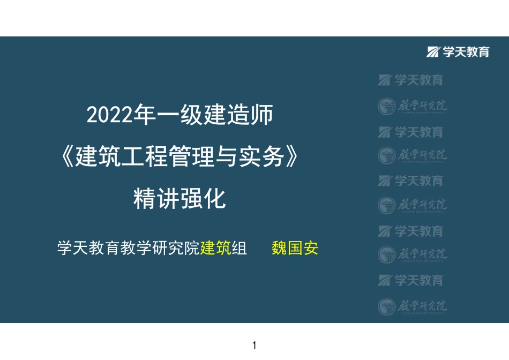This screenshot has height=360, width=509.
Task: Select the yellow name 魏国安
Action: pyautogui.click(x=295, y=249)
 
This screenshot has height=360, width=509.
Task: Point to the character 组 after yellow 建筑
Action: pyautogui.click(x=239, y=249)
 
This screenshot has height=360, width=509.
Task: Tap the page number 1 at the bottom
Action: pyautogui.click(x=254, y=345)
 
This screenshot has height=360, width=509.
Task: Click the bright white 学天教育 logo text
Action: pyautogui.click(x=466, y=52)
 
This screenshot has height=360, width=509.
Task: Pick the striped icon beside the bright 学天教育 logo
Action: pyautogui.click(x=433, y=52)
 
